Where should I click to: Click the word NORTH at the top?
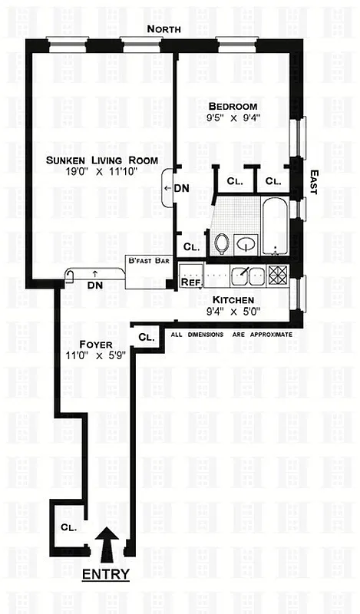coord(165,28)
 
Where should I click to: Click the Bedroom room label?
coord(233,107)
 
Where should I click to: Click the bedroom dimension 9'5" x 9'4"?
coord(233,118)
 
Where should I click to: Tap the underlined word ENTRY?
coord(106,573)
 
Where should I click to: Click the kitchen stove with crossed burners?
coord(278,275)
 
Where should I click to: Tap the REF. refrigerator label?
coord(190,282)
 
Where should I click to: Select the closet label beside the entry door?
coord(67,527)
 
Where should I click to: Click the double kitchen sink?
coord(246,274)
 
